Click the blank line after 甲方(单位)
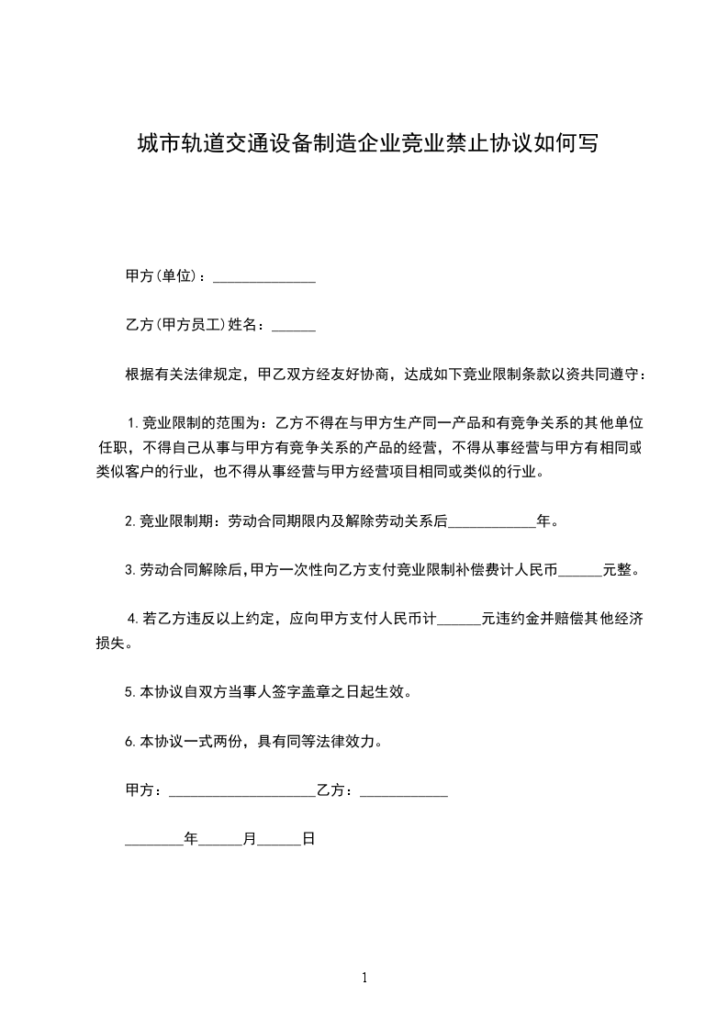[x=264, y=277]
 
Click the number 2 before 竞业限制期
[x=129, y=521]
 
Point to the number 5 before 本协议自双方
[x=129, y=693]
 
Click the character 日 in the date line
[x=308, y=839]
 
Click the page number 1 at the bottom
[x=364, y=978]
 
